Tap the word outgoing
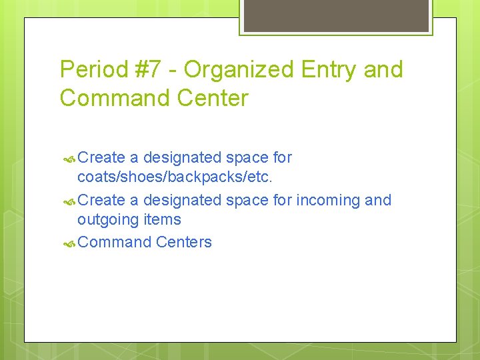point(107,220)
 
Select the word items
point(162,219)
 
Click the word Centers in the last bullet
point(184,242)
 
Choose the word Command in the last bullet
point(115,242)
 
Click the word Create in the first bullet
point(101,158)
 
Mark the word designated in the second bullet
point(182,200)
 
